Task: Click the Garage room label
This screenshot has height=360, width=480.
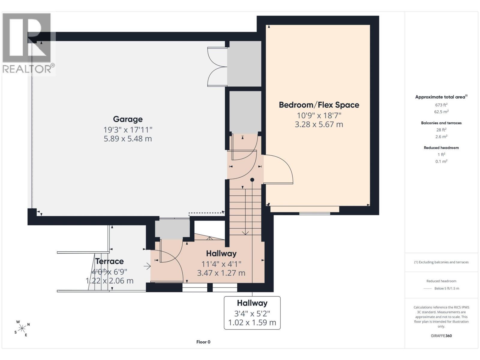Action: click(x=128, y=119)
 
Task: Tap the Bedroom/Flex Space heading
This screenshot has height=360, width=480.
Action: click(x=319, y=105)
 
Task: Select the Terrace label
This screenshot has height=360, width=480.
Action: click(x=109, y=261)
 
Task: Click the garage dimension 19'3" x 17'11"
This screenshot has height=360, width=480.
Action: click(x=128, y=130)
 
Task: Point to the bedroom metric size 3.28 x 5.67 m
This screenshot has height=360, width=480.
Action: click(x=319, y=124)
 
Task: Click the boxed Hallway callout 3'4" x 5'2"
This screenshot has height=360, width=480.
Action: click(x=252, y=313)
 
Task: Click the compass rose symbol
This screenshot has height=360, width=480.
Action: click(x=22, y=328)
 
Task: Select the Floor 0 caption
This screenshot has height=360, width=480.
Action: click(x=203, y=342)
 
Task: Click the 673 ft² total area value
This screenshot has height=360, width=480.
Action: click(x=441, y=105)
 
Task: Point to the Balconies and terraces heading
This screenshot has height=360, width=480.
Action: click(x=441, y=123)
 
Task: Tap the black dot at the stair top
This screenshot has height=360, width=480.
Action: click(x=252, y=180)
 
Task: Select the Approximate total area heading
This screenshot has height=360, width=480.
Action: click(x=441, y=97)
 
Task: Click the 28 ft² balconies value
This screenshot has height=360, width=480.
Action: click(x=441, y=130)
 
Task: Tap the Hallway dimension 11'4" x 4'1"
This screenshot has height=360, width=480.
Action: click(x=221, y=264)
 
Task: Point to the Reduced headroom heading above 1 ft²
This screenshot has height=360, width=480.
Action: click(x=441, y=148)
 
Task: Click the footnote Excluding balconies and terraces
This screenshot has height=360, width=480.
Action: click(x=441, y=262)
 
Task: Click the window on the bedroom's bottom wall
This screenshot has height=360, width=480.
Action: click(x=314, y=213)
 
